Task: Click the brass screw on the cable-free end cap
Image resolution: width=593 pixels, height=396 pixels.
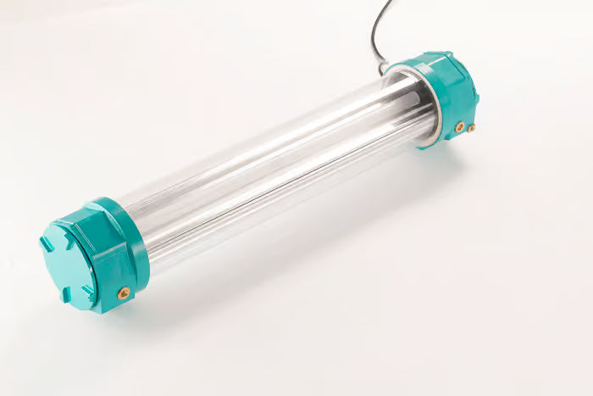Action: click(124, 293)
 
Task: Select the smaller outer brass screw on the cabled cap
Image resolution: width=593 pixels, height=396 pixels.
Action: click(471, 129)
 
